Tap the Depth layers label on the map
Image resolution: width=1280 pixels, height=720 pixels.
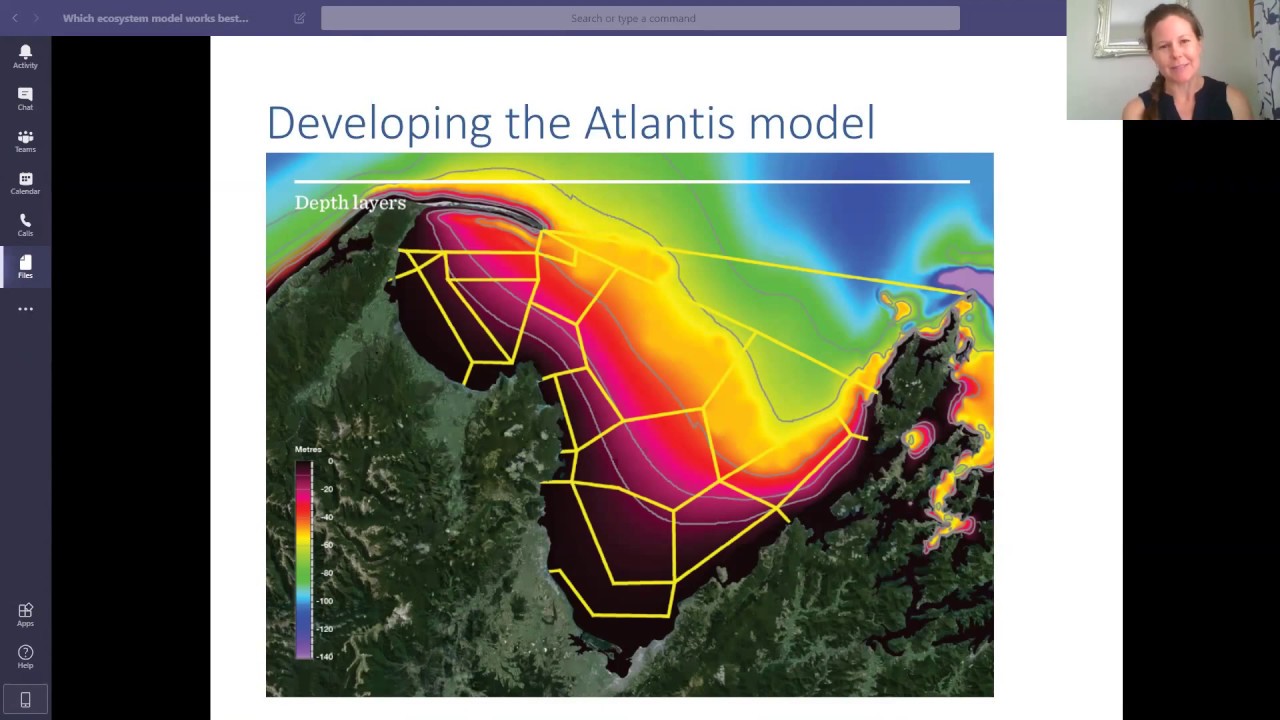[350, 203]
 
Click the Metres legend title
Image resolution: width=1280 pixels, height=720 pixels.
[308, 450]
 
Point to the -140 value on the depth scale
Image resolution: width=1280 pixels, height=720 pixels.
[325, 656]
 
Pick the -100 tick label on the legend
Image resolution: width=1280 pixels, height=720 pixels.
[325, 601]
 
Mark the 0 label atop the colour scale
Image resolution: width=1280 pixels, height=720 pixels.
[330, 461]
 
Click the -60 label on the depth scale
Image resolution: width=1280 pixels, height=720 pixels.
[327, 545]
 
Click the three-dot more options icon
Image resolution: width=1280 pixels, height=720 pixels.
[25, 309]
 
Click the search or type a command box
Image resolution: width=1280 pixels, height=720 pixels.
[640, 18]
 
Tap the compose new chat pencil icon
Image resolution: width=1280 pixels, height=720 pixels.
[299, 18]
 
